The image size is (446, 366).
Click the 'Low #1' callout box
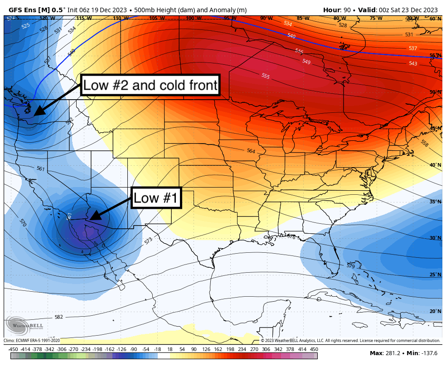click(x=156, y=198)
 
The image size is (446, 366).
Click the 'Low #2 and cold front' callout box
click(x=150, y=85)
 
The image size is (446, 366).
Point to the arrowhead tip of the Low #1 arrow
click(x=90, y=220)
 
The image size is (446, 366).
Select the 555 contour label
click(x=266, y=76)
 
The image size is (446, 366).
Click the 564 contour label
click(x=251, y=151)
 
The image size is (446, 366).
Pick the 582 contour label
click(x=58, y=317)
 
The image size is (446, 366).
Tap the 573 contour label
click(x=148, y=241)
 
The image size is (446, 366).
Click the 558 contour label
click(x=424, y=143)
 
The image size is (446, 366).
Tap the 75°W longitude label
click(x=376, y=19)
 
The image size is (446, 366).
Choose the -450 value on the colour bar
click(x=13, y=349)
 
